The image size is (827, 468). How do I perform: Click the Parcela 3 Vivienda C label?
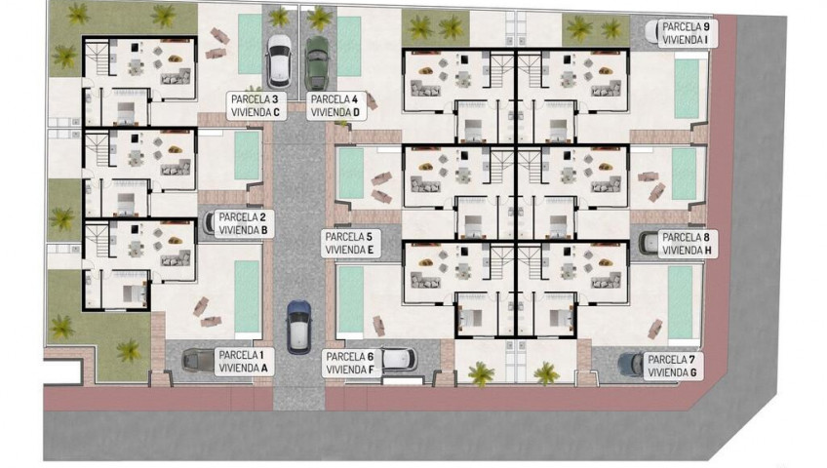point(256,105)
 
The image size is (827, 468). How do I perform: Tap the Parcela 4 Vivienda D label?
point(335,105)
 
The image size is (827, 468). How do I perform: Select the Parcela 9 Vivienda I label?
point(686,33)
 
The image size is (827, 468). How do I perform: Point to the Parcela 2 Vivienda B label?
point(243,223)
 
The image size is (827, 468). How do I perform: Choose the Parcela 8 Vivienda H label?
point(688,244)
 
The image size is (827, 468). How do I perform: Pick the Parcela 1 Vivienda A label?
point(244,362)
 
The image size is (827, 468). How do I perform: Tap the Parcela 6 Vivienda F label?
point(351,363)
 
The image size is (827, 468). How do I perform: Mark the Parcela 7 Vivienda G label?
point(672,366)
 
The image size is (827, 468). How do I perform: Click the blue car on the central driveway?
point(298,327)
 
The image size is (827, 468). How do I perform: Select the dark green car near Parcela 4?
point(316,62)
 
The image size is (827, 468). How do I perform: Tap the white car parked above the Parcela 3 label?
point(279,61)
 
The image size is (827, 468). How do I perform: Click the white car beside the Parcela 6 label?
point(399,360)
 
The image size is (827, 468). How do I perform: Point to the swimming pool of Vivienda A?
point(247,296)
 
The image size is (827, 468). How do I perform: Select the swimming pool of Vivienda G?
point(681,302)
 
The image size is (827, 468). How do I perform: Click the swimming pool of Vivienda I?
point(687,89)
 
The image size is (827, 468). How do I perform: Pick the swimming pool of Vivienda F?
point(350,299)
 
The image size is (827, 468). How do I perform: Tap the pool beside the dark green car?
point(348,46)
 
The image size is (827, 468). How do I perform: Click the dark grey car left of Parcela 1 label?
point(198,361)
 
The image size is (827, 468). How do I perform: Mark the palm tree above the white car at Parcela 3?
point(279,17)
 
